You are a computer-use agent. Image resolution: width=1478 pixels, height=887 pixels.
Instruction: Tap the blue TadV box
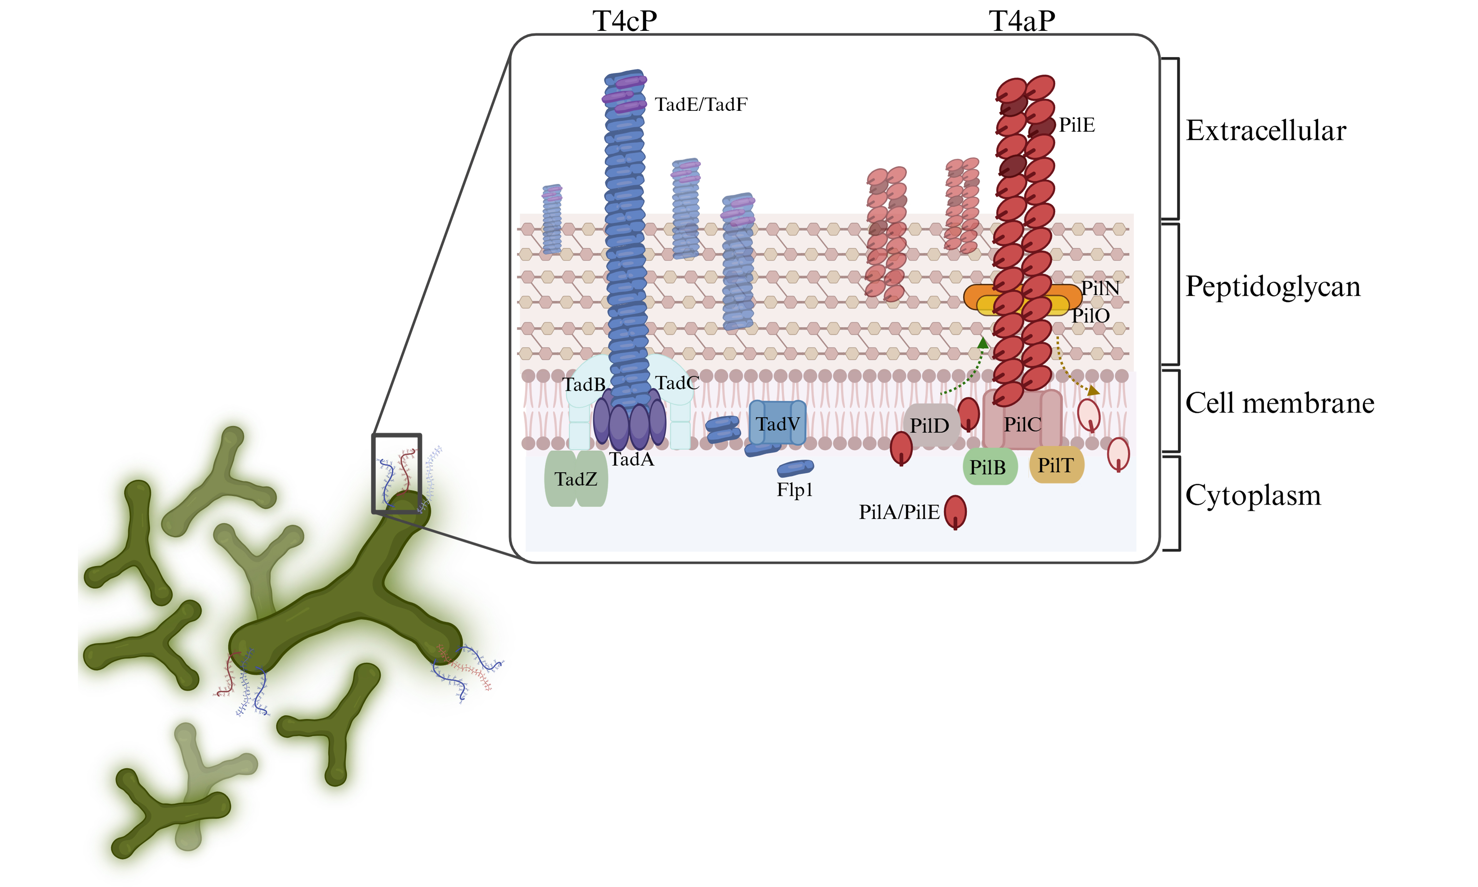(777, 424)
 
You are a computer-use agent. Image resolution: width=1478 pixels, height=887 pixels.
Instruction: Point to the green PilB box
(989, 467)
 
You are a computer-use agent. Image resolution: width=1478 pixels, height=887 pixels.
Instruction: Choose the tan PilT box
(1056, 465)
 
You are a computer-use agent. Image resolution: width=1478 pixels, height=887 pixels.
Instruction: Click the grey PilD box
(929, 425)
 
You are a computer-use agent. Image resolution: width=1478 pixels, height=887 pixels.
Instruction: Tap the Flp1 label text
(794, 490)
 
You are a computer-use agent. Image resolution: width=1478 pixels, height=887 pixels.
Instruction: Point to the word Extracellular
(1265, 130)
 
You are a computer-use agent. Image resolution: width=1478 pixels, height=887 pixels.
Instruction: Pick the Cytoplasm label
(1253, 495)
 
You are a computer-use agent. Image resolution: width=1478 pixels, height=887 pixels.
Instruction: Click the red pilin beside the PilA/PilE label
(955, 512)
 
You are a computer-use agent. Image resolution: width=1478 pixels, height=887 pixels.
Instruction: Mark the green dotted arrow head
(983, 342)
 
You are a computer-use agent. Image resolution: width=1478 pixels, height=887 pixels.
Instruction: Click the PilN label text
(1100, 288)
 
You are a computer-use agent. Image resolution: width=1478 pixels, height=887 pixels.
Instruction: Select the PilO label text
(1090, 315)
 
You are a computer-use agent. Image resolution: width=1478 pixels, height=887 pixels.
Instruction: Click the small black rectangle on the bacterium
(396, 473)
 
